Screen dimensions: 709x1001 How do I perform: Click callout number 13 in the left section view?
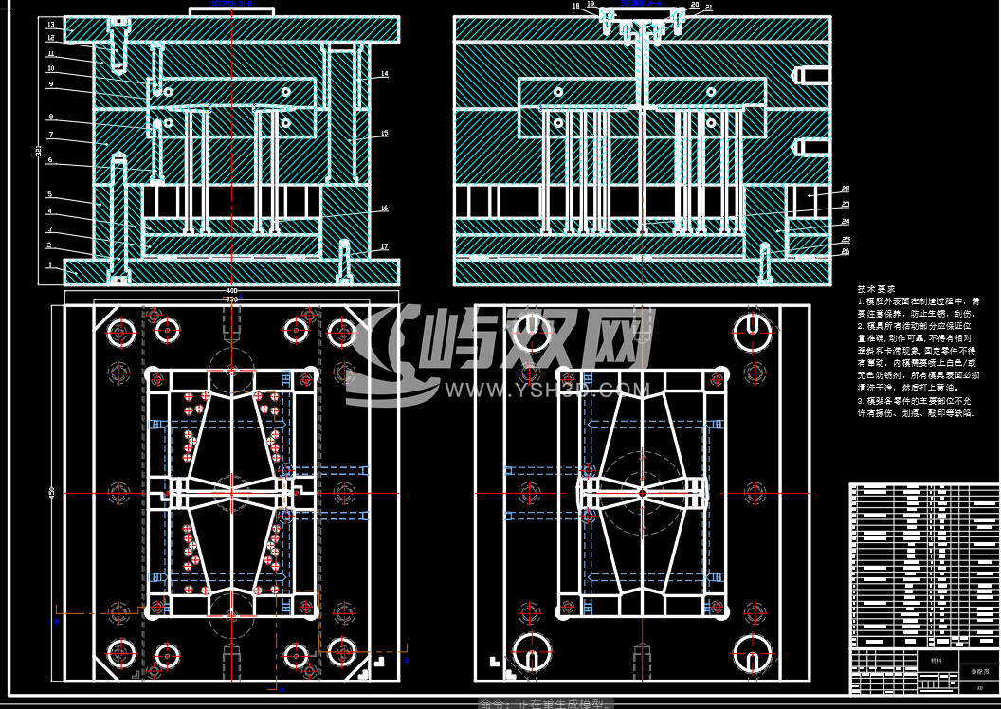click(x=50, y=24)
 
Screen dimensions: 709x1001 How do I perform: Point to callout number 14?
click(x=384, y=73)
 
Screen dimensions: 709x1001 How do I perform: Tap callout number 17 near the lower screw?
click(x=384, y=246)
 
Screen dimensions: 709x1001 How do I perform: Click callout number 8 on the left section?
click(x=50, y=118)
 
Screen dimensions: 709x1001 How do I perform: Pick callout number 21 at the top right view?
click(x=708, y=7)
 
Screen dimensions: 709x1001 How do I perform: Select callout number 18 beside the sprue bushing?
click(x=576, y=6)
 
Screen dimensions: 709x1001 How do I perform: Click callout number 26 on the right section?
click(x=845, y=251)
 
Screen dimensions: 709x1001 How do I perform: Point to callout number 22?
click(x=845, y=190)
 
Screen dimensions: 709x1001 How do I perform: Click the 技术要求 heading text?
click(x=876, y=288)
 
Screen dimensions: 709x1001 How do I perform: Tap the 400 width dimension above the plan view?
click(x=231, y=290)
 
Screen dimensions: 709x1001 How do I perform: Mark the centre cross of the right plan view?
click(x=642, y=493)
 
